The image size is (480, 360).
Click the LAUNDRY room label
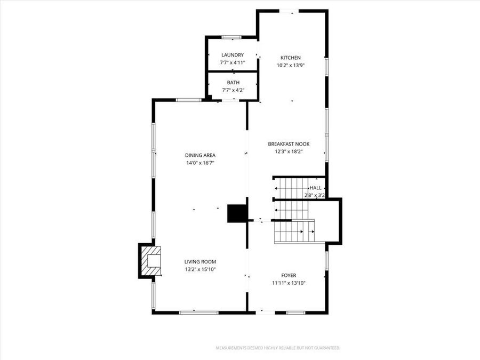click(x=233, y=55)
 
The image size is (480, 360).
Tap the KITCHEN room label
click(x=291, y=58)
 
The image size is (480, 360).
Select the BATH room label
click(x=233, y=83)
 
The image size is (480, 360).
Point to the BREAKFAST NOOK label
click(x=289, y=144)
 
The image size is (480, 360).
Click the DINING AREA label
click(x=200, y=155)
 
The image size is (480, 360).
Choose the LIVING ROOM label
click(x=200, y=262)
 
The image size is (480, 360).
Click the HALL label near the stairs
click(x=316, y=188)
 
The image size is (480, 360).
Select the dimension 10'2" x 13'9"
click(x=291, y=66)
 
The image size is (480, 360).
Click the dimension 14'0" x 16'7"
click(x=200, y=163)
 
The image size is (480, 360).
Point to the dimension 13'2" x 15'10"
click(x=200, y=269)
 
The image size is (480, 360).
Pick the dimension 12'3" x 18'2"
click(x=289, y=151)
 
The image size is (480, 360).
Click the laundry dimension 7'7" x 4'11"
click(x=233, y=62)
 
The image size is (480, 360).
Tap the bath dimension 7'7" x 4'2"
click(x=233, y=90)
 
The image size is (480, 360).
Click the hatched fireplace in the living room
click(x=151, y=261)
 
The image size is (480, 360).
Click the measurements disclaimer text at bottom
click(x=278, y=348)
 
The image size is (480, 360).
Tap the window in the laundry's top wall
click(x=231, y=37)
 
